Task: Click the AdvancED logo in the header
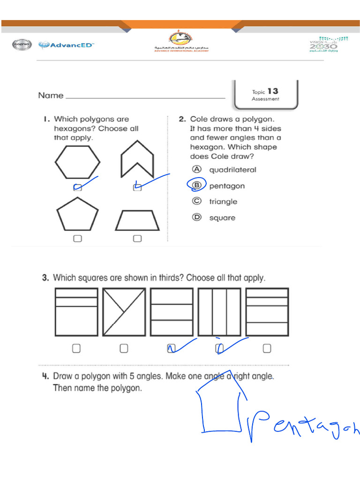point(66,45)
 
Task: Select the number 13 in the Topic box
point(273,91)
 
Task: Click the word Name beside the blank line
point(51,96)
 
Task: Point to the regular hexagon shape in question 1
point(77,162)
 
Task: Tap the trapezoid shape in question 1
point(137,220)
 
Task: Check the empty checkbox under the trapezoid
point(137,239)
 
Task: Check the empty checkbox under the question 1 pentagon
point(77,239)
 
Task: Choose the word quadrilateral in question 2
point(232,170)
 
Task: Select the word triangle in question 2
point(223,202)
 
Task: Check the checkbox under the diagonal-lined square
point(124,348)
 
